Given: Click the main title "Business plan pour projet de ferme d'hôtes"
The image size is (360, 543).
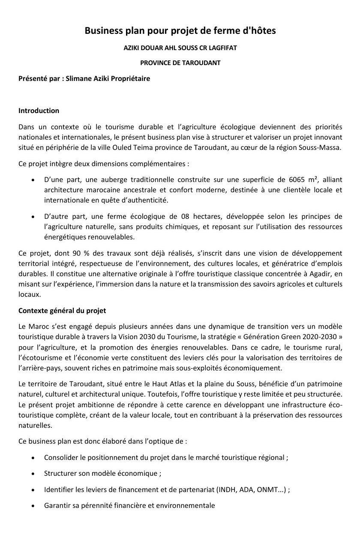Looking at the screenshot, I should pyautogui.click(x=180, y=30).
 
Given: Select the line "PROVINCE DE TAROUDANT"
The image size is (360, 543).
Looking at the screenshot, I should pyautogui.click(x=180, y=63).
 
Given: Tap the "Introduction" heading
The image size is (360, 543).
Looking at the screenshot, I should pyautogui.click(x=39, y=110).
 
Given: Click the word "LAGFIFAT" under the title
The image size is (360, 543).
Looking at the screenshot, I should pyautogui.click(x=222, y=48).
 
